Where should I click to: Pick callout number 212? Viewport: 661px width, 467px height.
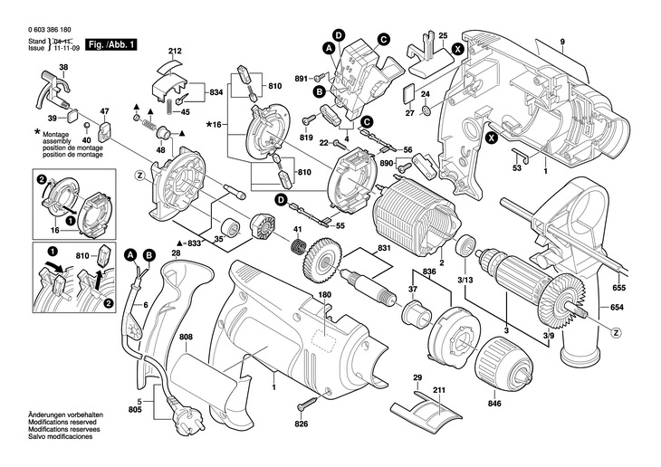(x=175, y=51)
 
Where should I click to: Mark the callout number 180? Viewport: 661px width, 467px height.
(x=325, y=295)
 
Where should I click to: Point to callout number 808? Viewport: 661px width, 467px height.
(x=187, y=338)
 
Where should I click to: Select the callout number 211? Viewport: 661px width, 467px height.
(x=439, y=390)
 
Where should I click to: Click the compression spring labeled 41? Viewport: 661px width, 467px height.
(x=298, y=248)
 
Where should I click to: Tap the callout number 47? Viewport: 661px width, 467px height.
(x=104, y=112)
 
